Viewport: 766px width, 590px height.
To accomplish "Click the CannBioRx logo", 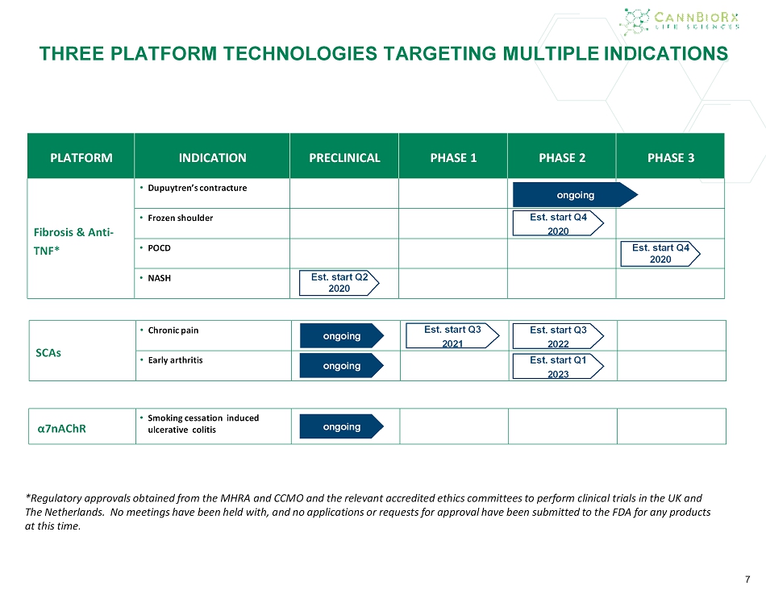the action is [x=680, y=22].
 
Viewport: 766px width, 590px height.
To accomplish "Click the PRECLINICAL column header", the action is [x=344, y=158].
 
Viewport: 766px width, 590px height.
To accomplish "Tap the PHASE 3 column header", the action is [x=671, y=158].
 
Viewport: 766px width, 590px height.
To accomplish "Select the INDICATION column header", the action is [x=213, y=158].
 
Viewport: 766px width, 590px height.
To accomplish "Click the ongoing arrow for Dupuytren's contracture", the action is [x=575, y=195].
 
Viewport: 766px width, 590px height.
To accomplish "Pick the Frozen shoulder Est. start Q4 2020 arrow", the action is [x=558, y=224].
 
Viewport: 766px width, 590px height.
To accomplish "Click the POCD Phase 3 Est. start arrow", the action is [x=660, y=253].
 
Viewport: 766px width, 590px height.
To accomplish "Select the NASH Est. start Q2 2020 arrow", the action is [x=339, y=283].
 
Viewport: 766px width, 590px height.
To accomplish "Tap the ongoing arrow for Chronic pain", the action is [x=342, y=335].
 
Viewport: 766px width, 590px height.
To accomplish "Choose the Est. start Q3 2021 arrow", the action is [x=452, y=335].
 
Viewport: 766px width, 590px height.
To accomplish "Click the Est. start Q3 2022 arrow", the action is [x=558, y=336].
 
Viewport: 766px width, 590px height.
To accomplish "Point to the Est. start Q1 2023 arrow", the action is [x=558, y=366].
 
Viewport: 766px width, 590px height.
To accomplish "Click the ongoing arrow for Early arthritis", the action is [x=342, y=366].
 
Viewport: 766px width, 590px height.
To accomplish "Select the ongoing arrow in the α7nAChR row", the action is [x=342, y=426].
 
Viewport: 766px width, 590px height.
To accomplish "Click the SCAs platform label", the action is [x=48, y=353].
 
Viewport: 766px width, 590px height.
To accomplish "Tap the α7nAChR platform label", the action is [x=61, y=428].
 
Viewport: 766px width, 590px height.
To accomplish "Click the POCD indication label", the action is [x=160, y=248].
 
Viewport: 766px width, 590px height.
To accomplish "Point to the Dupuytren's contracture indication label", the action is [x=198, y=188].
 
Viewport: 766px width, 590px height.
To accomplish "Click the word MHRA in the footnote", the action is [x=235, y=498].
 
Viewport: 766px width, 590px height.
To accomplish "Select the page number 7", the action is [x=747, y=580].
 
